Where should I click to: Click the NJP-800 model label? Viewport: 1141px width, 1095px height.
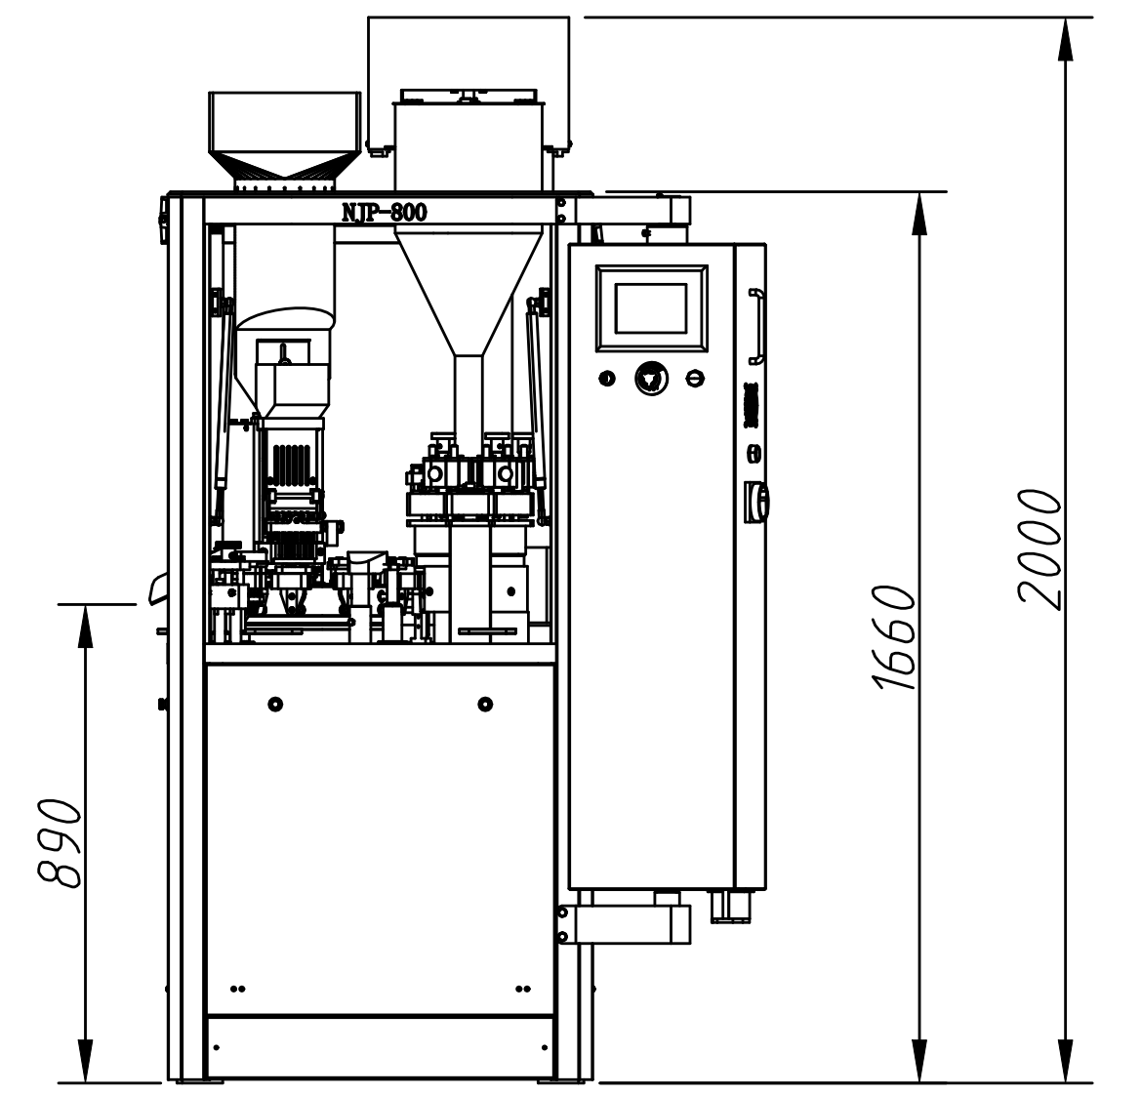(385, 213)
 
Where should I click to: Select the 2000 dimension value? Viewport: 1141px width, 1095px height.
(1039, 548)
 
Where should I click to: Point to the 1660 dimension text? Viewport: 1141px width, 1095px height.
(894, 637)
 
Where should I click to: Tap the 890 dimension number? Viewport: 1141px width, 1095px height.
(59, 843)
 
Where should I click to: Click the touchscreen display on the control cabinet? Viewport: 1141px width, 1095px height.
(651, 307)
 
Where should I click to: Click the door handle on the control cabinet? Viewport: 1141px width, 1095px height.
(756, 326)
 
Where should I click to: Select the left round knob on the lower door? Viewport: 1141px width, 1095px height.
(275, 704)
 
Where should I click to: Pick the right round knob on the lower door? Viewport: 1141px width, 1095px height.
(485, 704)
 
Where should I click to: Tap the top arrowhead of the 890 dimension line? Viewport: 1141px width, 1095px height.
(86, 626)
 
